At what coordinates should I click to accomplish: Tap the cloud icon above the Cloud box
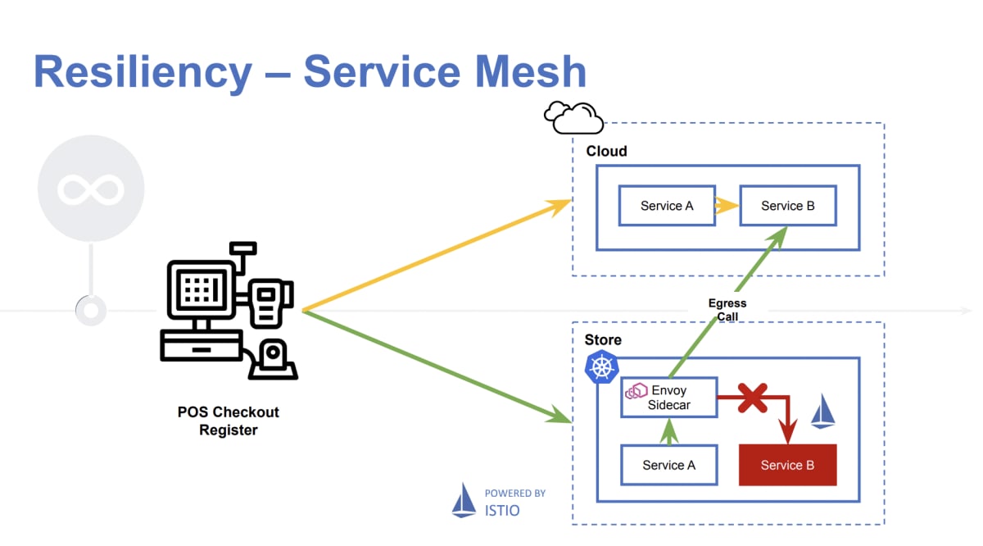(573, 118)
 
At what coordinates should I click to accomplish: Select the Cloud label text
(606, 152)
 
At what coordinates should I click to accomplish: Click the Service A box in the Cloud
(666, 206)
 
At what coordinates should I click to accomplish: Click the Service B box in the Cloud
(787, 206)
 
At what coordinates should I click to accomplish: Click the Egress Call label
(727, 310)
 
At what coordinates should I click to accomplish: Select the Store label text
(603, 340)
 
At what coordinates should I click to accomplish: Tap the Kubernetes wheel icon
(601, 366)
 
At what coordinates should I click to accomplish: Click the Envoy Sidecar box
(668, 398)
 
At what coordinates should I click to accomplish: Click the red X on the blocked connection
(752, 398)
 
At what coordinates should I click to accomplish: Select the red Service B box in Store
(787, 465)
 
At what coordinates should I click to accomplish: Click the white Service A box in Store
(668, 465)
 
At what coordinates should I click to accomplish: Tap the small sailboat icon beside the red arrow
(822, 412)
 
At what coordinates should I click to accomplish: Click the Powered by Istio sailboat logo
(464, 500)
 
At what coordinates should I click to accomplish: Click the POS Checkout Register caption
(229, 421)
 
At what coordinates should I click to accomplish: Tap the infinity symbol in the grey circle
(90, 189)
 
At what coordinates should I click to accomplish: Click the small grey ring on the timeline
(90, 311)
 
